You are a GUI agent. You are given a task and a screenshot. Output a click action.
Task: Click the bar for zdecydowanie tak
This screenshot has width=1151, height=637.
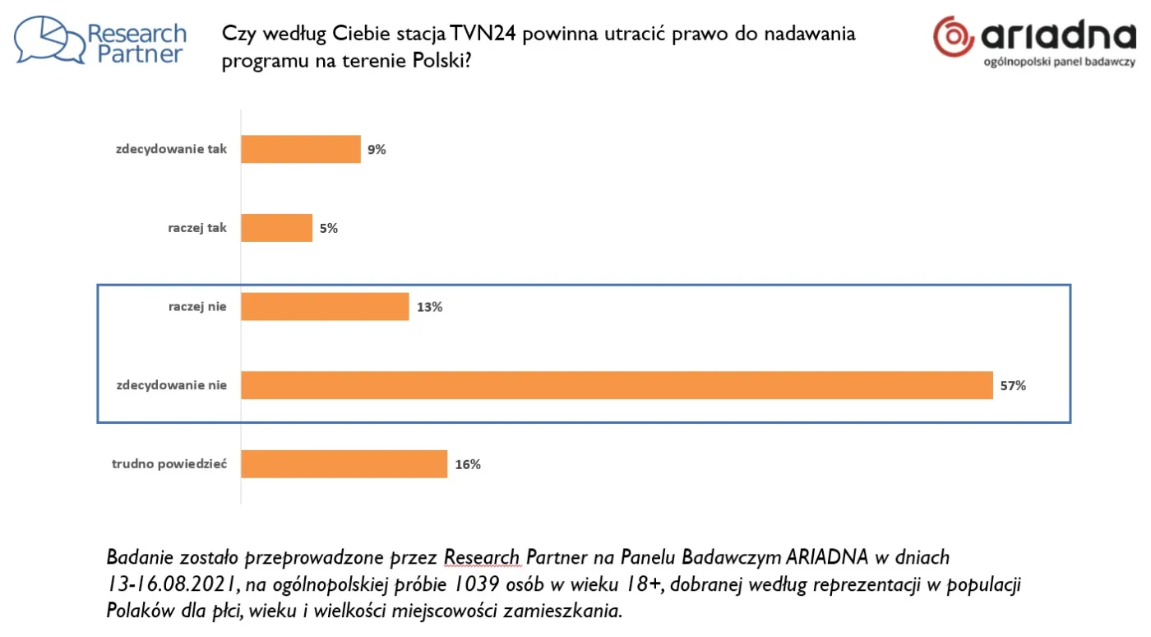[301, 149]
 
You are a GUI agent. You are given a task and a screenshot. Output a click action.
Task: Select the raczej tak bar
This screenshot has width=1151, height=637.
[277, 228]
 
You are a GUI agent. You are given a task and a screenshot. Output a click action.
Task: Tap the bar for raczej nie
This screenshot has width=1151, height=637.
[325, 307]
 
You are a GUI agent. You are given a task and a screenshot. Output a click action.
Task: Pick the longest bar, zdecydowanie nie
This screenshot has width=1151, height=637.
[617, 385]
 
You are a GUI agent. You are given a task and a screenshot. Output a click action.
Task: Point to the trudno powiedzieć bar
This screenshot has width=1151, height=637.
[344, 464]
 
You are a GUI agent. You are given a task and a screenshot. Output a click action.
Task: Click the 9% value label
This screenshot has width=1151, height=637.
[377, 150]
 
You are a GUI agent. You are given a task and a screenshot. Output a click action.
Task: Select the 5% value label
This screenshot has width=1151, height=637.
[329, 229]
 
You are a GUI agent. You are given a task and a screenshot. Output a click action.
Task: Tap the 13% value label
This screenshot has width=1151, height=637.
[429, 307]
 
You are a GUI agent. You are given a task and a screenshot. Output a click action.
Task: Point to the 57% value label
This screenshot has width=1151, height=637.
[1013, 385]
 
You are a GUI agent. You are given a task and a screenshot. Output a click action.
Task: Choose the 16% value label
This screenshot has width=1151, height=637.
[468, 464]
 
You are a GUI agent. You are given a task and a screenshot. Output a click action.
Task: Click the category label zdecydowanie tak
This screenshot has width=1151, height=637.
[171, 150]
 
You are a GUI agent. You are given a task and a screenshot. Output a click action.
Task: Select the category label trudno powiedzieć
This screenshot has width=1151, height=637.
[169, 464]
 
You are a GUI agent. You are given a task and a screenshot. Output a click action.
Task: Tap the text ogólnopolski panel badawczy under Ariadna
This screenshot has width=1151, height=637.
[1059, 63]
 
